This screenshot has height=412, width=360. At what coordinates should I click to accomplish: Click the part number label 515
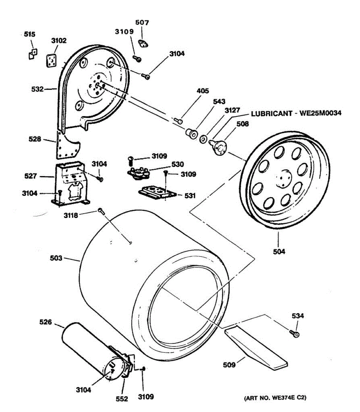(x=30, y=34)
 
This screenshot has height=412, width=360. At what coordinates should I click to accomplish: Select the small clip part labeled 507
(x=142, y=44)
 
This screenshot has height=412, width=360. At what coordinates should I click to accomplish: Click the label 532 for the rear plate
(x=37, y=89)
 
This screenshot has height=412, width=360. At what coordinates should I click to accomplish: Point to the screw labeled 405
(x=179, y=120)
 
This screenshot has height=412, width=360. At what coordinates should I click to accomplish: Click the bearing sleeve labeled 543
(x=192, y=133)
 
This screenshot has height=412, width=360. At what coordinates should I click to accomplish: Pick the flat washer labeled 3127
(x=203, y=139)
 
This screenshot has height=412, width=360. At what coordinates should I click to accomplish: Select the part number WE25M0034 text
(x=321, y=113)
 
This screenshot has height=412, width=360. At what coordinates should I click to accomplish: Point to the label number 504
(x=279, y=252)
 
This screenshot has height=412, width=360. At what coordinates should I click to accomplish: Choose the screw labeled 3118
(x=101, y=210)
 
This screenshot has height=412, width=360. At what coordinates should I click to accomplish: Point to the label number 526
(x=46, y=322)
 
